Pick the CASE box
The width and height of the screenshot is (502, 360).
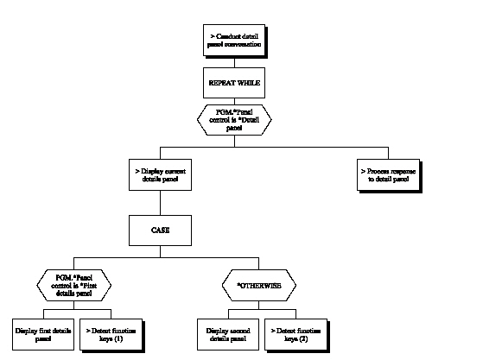pyautogui.click(x=161, y=231)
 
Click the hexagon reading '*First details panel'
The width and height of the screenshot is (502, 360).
pyautogui.click(x=73, y=283)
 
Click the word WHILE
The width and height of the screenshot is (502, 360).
pyautogui.click(x=246, y=84)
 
